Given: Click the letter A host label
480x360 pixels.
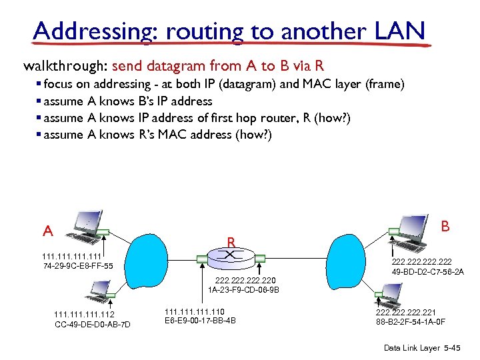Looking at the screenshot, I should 48,231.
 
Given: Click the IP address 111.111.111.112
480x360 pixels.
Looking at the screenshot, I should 84,315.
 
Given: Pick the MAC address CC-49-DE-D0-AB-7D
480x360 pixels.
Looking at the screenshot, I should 93,325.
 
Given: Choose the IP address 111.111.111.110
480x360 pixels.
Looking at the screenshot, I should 194,311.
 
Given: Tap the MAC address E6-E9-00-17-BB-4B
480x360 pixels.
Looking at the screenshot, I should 199,321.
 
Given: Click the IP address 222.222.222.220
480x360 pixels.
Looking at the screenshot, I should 243,280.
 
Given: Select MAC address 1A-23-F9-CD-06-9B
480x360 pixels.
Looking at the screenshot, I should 243,290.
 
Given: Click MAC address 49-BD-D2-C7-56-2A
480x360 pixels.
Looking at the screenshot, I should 428,272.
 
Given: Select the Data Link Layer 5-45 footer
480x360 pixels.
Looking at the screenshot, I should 421,349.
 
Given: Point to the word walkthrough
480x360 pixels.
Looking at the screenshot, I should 65,66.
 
